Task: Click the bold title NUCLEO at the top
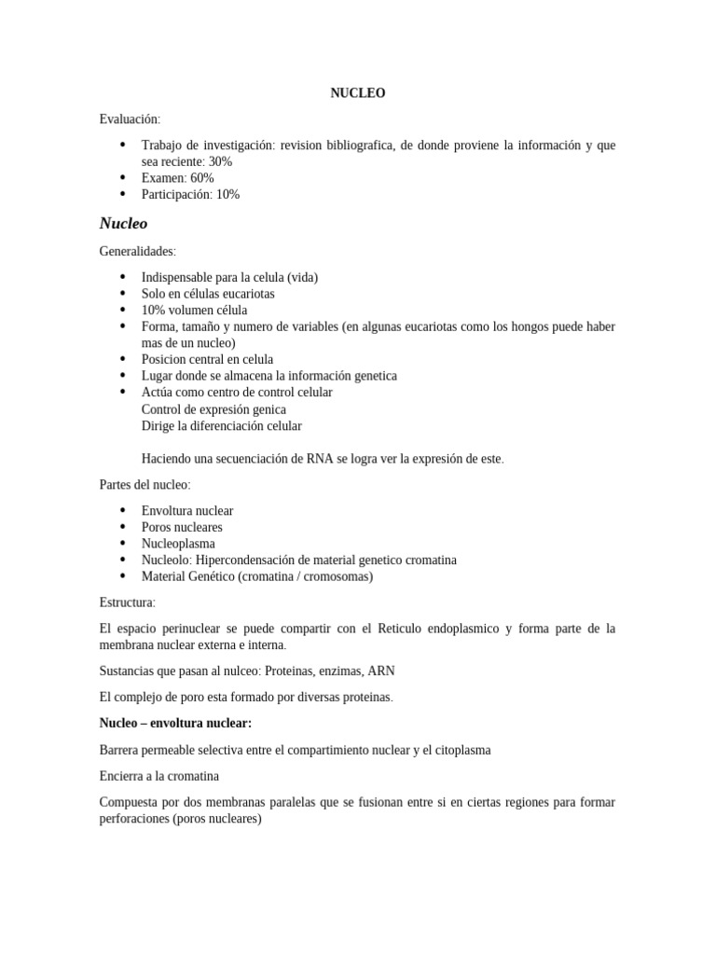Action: [x=357, y=93]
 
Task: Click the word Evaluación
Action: [x=129, y=118]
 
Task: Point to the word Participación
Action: [x=177, y=195]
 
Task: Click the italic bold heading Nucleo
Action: [x=123, y=224]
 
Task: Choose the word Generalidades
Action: [x=137, y=252]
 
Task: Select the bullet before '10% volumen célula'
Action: [x=123, y=311]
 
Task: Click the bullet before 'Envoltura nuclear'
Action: [x=123, y=511]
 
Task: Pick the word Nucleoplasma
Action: [x=178, y=544]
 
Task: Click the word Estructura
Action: [x=127, y=602]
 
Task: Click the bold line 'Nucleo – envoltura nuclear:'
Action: [x=175, y=723]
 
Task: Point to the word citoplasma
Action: [x=458, y=750]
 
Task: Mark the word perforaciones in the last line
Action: [x=134, y=819]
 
